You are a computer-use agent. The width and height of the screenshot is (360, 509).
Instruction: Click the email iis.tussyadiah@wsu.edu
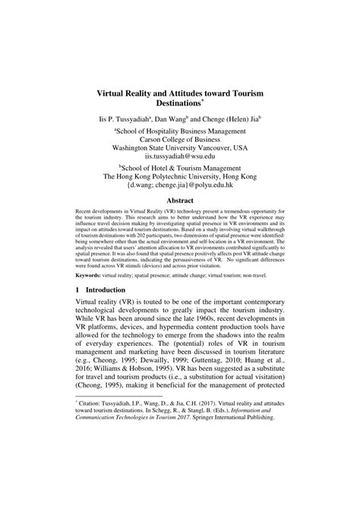click(x=180, y=156)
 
